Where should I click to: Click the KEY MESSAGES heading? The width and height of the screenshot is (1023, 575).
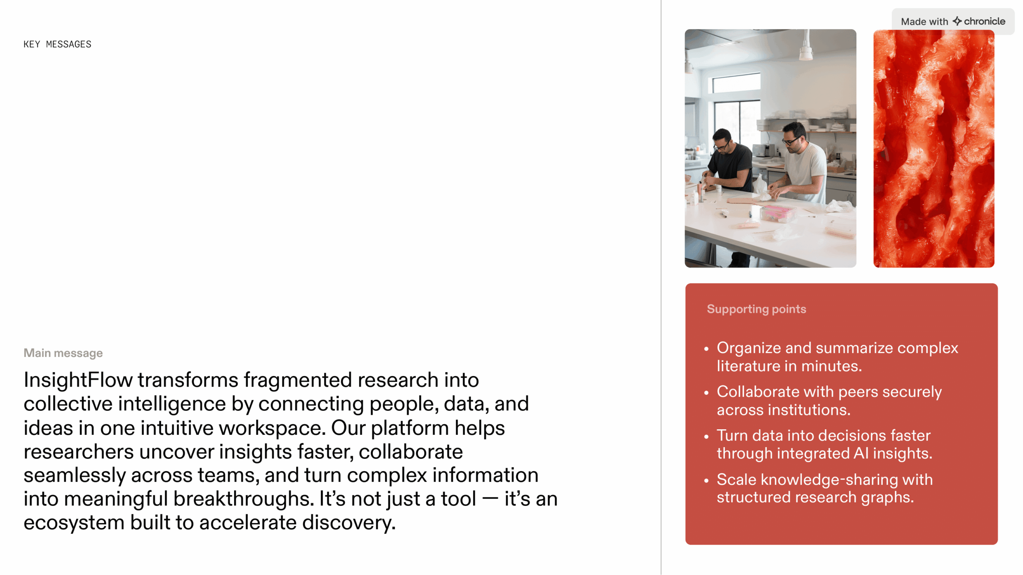(x=58, y=44)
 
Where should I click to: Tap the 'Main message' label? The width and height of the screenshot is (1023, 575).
(x=63, y=353)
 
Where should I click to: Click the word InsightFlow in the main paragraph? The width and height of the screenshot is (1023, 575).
(x=78, y=380)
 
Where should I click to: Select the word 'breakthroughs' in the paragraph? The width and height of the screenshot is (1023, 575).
(x=244, y=499)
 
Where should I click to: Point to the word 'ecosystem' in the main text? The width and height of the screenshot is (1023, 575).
(x=74, y=523)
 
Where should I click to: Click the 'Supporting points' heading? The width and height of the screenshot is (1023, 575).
(x=756, y=309)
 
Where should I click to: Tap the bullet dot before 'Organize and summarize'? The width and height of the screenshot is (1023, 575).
(x=707, y=349)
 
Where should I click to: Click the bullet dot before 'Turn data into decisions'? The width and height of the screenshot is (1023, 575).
(x=707, y=436)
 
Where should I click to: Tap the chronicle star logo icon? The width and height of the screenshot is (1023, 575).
(x=957, y=21)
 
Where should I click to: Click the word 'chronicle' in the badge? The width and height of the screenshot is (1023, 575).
(x=985, y=21)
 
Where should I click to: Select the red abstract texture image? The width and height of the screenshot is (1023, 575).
(x=934, y=148)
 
